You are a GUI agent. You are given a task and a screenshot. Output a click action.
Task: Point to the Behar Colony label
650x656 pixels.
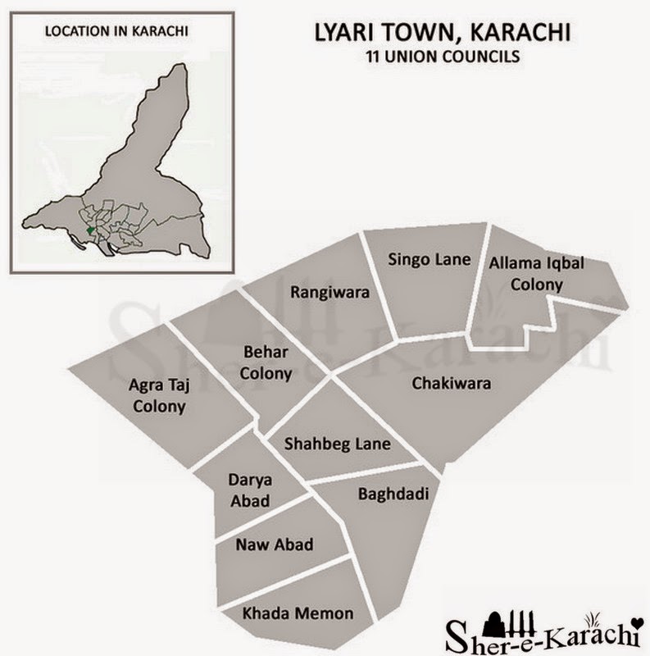267,362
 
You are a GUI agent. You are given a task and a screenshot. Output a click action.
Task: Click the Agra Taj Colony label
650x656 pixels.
158,394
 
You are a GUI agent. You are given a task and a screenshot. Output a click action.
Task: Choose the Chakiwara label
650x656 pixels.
442,383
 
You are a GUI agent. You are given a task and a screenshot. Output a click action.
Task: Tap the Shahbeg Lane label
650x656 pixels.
336,444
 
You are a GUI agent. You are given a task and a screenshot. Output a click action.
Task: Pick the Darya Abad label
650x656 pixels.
250,490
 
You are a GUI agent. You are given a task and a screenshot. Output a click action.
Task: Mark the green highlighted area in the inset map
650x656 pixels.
91,231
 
